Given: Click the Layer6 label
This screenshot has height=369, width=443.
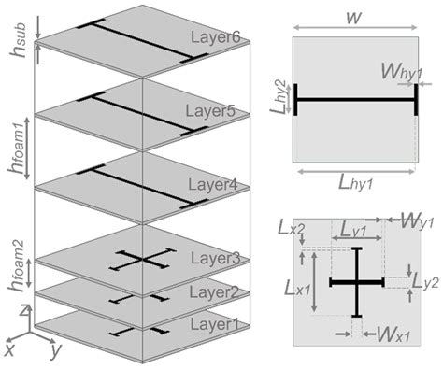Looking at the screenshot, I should tap(215, 37).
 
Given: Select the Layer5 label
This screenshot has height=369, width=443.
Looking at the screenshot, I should tap(216, 111).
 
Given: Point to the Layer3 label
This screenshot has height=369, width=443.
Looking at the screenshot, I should tap(216, 258).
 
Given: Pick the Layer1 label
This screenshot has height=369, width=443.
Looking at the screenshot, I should tap(216, 324).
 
